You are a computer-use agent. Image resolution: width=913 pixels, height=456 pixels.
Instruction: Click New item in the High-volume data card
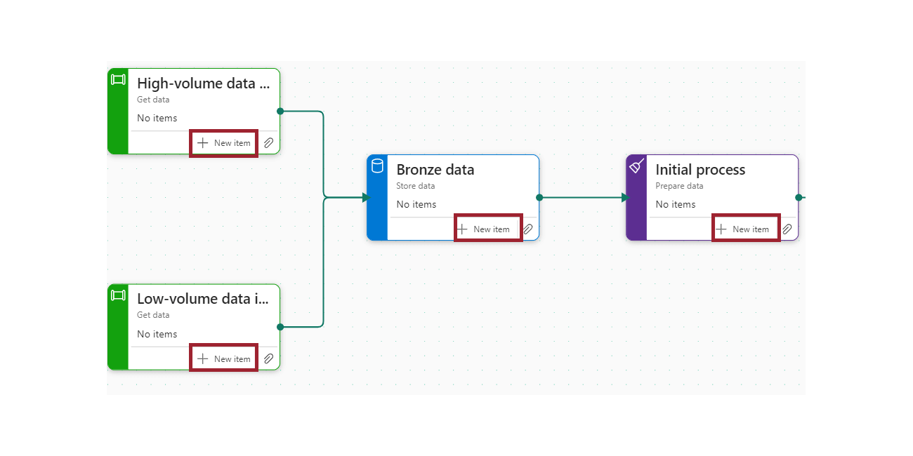coord(224,143)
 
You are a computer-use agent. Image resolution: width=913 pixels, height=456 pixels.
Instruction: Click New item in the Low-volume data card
coord(224,359)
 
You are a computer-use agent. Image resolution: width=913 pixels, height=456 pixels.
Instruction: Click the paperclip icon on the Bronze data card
coord(528,229)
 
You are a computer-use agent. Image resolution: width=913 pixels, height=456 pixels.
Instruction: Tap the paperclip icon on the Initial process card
coord(787,229)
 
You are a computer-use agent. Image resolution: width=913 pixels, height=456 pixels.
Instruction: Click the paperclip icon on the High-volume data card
coord(268,143)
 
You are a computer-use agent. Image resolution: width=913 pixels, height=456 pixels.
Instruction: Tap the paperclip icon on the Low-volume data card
coord(268,359)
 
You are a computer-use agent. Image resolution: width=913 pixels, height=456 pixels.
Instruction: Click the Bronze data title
coord(435,170)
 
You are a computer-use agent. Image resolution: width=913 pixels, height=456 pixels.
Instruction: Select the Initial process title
coord(699,170)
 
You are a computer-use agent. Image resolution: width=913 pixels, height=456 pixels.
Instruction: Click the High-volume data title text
coord(203,83)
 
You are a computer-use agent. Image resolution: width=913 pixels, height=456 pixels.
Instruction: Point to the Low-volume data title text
coord(202,300)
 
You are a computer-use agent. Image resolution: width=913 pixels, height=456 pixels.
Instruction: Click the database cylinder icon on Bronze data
coord(377,166)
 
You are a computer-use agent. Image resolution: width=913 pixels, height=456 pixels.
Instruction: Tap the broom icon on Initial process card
coord(636,166)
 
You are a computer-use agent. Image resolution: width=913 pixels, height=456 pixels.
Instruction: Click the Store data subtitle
coord(415,187)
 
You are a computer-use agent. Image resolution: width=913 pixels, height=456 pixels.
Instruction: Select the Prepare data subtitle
coord(678,187)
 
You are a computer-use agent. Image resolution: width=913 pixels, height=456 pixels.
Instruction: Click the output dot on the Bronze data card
coord(539,198)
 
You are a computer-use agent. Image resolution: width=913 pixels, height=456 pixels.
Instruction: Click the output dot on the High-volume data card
coord(280,112)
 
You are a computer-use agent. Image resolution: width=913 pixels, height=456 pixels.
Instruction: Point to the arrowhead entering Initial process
coord(625,198)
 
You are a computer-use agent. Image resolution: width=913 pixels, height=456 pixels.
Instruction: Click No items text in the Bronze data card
coord(416,205)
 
